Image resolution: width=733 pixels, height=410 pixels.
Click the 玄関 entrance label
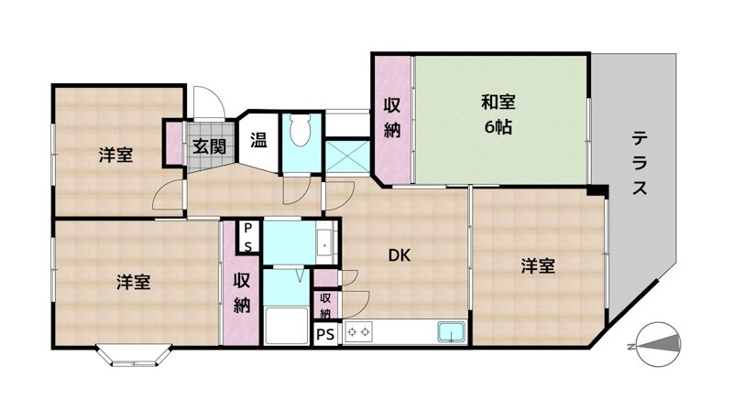click(209, 146)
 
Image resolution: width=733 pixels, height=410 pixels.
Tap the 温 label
click(258, 142)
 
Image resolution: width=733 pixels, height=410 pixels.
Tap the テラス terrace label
click(640, 164)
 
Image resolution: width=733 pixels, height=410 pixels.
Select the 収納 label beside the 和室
click(392, 118)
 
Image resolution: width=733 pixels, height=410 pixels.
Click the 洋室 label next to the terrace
click(539, 265)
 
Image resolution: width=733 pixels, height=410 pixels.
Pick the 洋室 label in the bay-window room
click(134, 282)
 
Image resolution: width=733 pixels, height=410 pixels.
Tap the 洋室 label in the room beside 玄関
click(116, 156)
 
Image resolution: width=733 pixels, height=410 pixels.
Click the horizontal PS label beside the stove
click(325, 334)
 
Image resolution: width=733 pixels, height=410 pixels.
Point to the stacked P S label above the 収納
click(248, 237)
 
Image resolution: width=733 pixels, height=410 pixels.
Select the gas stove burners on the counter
click(358, 331)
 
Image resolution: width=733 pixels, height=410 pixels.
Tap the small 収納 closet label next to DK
click(325, 305)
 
